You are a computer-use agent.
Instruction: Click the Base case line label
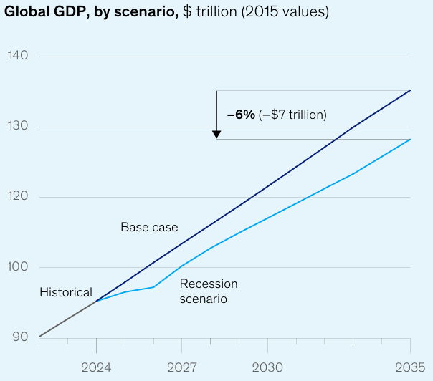coord(148,228)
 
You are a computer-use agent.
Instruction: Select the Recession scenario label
coord(208,291)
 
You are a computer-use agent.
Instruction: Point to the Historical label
coord(66,292)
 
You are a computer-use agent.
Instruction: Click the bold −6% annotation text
coord(241,115)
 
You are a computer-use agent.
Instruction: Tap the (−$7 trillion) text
coord(292,115)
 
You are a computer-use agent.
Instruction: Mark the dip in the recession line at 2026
coord(153,287)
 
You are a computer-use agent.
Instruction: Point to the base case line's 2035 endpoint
coord(410,90)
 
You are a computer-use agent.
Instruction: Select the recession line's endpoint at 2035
coord(410,139)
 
